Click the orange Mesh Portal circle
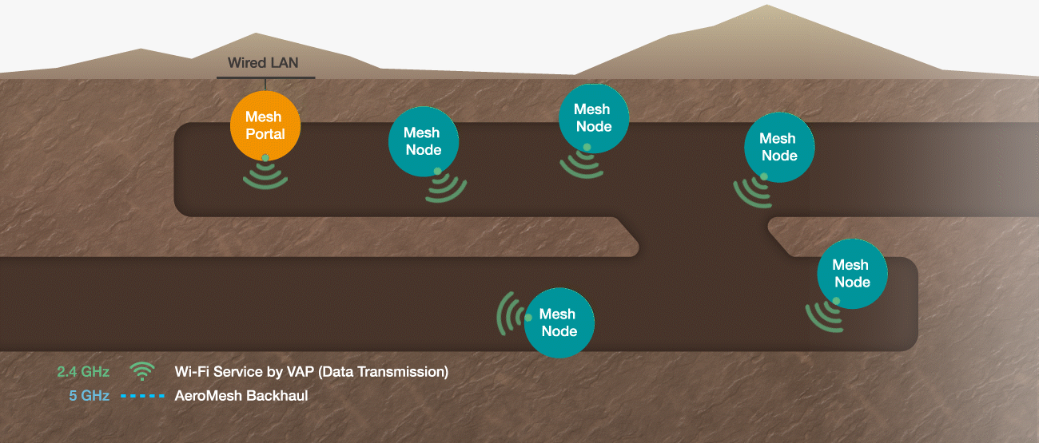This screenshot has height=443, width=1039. pyautogui.click(x=265, y=126)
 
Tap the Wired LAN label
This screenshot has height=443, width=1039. pyautogui.click(x=263, y=62)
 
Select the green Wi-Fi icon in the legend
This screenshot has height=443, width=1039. pyautogui.click(x=142, y=371)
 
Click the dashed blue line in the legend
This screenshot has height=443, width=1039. pyautogui.click(x=142, y=396)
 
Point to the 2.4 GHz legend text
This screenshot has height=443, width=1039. pyautogui.click(x=83, y=372)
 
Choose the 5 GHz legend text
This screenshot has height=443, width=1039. pyautogui.click(x=89, y=396)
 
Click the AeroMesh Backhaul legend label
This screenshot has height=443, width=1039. pyautogui.click(x=241, y=396)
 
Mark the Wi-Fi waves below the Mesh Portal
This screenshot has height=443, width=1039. pyautogui.click(x=265, y=176)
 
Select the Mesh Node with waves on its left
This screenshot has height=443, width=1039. pyautogui.click(x=559, y=322)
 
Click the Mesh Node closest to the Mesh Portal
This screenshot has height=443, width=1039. pyautogui.click(x=424, y=141)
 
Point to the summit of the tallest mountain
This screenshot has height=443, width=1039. pyautogui.click(x=766, y=5)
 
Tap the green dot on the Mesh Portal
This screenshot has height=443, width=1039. pyautogui.click(x=265, y=157)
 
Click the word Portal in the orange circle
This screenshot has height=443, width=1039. pyautogui.click(x=265, y=134)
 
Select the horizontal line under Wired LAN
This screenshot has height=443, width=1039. pyautogui.click(x=266, y=77)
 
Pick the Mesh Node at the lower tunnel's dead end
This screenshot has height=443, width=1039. pyautogui.click(x=853, y=274)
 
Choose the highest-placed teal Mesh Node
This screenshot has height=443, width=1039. pyautogui.click(x=594, y=118)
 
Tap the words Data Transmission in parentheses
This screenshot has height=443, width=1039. pyautogui.click(x=384, y=372)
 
